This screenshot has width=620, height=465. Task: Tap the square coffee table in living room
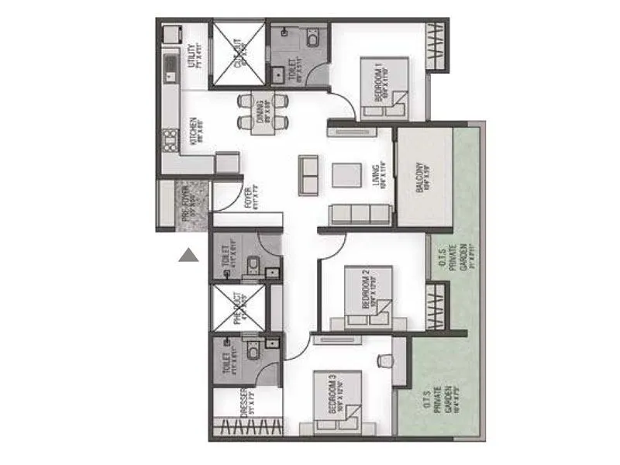click(346, 174)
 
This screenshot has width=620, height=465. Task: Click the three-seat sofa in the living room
click(359, 214)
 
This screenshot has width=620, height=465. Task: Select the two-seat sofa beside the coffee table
click(308, 175)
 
